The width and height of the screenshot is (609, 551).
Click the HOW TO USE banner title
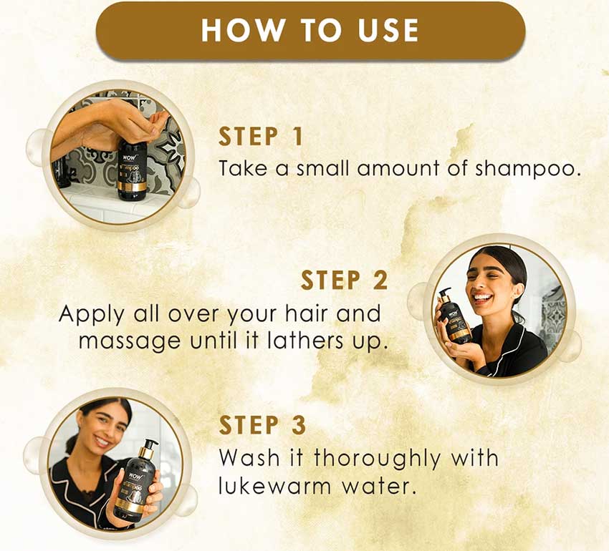click(310, 30)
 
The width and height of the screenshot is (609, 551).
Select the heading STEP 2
click(344, 280)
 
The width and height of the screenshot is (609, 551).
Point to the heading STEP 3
click(262, 424)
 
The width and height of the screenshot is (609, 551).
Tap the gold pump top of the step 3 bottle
click(149, 448)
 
